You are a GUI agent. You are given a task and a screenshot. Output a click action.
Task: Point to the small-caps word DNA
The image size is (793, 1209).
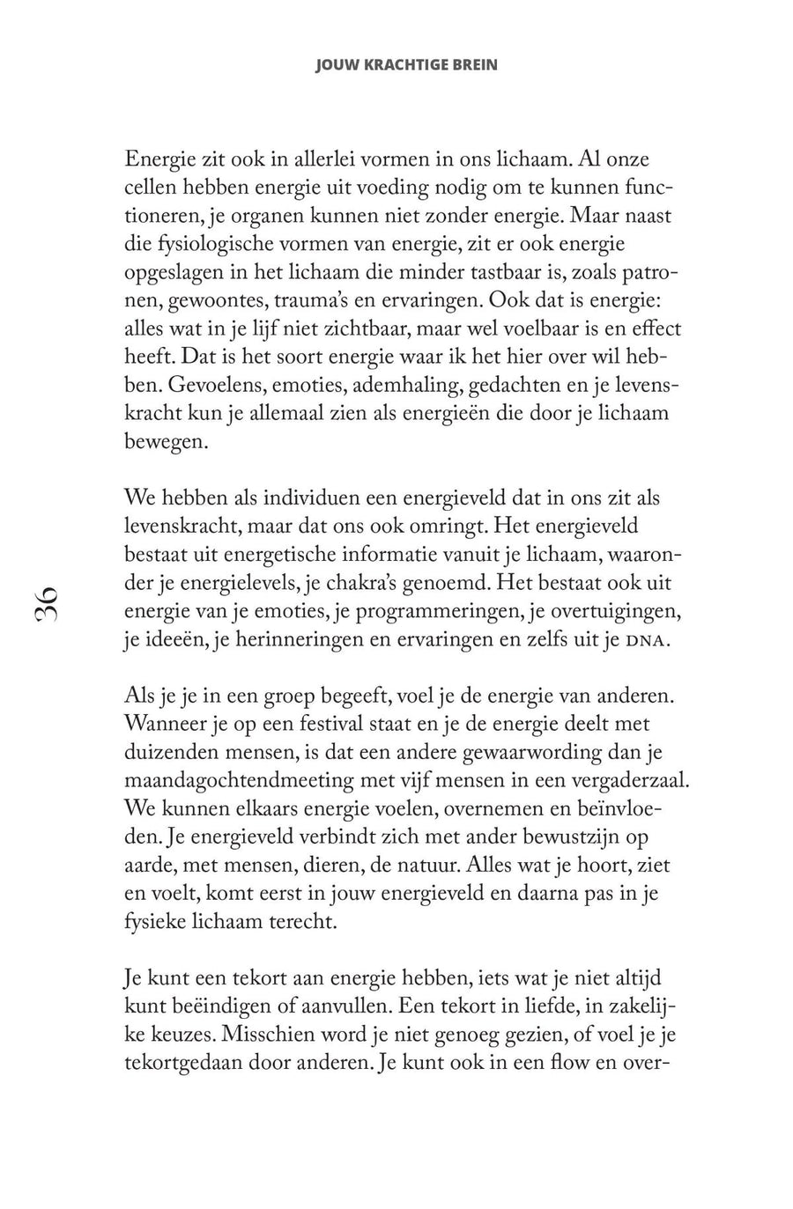point(641,640)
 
